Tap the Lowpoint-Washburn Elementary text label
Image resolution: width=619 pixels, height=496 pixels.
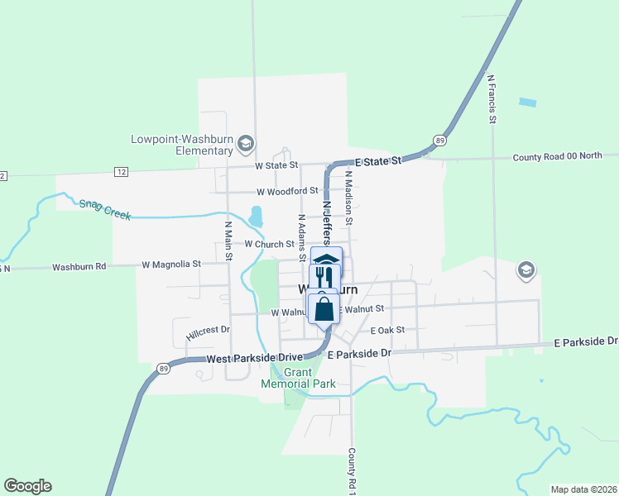coord(182,145)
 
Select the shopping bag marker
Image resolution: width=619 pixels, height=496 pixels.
coord(324,309)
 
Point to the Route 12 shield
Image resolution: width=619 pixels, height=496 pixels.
coord(122,171)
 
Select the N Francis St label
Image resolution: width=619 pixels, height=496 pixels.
coord(491,100)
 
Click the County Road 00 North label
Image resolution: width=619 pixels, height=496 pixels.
coord(557,156)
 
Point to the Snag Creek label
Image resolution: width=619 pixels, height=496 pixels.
coord(105,208)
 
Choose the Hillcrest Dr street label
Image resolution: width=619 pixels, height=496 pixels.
coord(204,331)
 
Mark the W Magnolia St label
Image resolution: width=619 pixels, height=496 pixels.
coord(171,265)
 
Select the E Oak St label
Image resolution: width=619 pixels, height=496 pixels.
coord(387,330)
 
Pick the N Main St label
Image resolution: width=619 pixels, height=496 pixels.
coord(228,240)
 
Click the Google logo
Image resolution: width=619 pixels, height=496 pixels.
coord(27,486)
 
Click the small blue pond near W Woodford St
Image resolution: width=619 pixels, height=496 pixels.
coord(256,216)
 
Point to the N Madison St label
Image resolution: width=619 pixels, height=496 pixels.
coord(349,198)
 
